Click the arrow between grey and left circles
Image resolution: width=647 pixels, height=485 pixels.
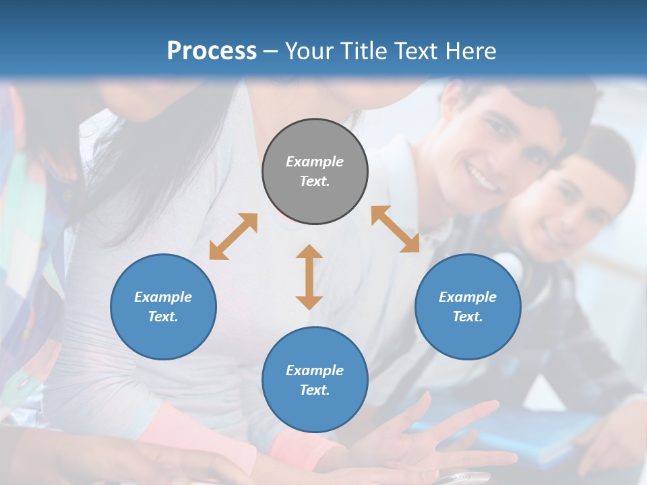[x=233, y=236]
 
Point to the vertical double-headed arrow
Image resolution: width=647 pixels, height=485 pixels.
[x=309, y=277]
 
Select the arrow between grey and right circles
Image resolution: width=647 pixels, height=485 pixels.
[x=395, y=229]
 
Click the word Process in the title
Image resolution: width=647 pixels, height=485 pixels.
[x=212, y=51]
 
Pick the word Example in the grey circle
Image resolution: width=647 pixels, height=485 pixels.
[x=315, y=162]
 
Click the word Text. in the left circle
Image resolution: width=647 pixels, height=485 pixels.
[x=163, y=317]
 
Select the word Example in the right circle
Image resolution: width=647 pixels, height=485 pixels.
[x=468, y=297]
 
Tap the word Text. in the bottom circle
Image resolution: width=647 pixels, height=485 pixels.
[x=315, y=390]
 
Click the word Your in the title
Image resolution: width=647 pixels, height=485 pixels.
[x=307, y=51]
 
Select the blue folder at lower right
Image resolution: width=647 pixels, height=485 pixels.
[x=539, y=431]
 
